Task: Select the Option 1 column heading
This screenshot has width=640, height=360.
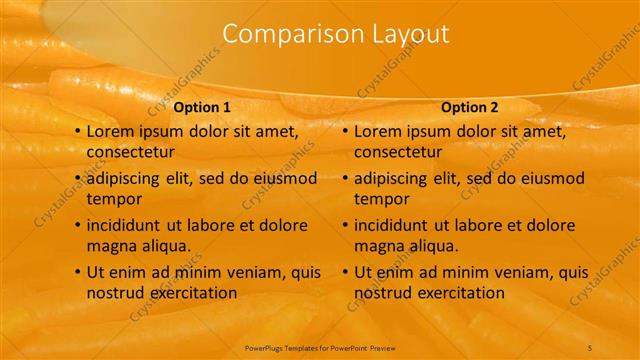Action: [x=202, y=107]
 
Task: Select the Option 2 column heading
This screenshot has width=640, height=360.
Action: [x=469, y=107]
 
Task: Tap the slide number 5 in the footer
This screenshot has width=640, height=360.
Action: [x=590, y=347]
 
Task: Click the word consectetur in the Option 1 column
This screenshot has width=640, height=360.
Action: [x=131, y=152]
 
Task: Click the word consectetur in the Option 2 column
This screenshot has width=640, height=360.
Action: [x=398, y=152]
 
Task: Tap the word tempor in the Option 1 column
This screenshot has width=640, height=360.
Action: [x=114, y=199]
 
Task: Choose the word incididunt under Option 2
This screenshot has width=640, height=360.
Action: [x=393, y=225]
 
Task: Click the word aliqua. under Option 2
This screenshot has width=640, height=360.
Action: [x=433, y=246]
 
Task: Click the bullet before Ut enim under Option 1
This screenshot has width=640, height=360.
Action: [x=77, y=272]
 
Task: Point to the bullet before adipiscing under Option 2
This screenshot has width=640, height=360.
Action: [x=344, y=178]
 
